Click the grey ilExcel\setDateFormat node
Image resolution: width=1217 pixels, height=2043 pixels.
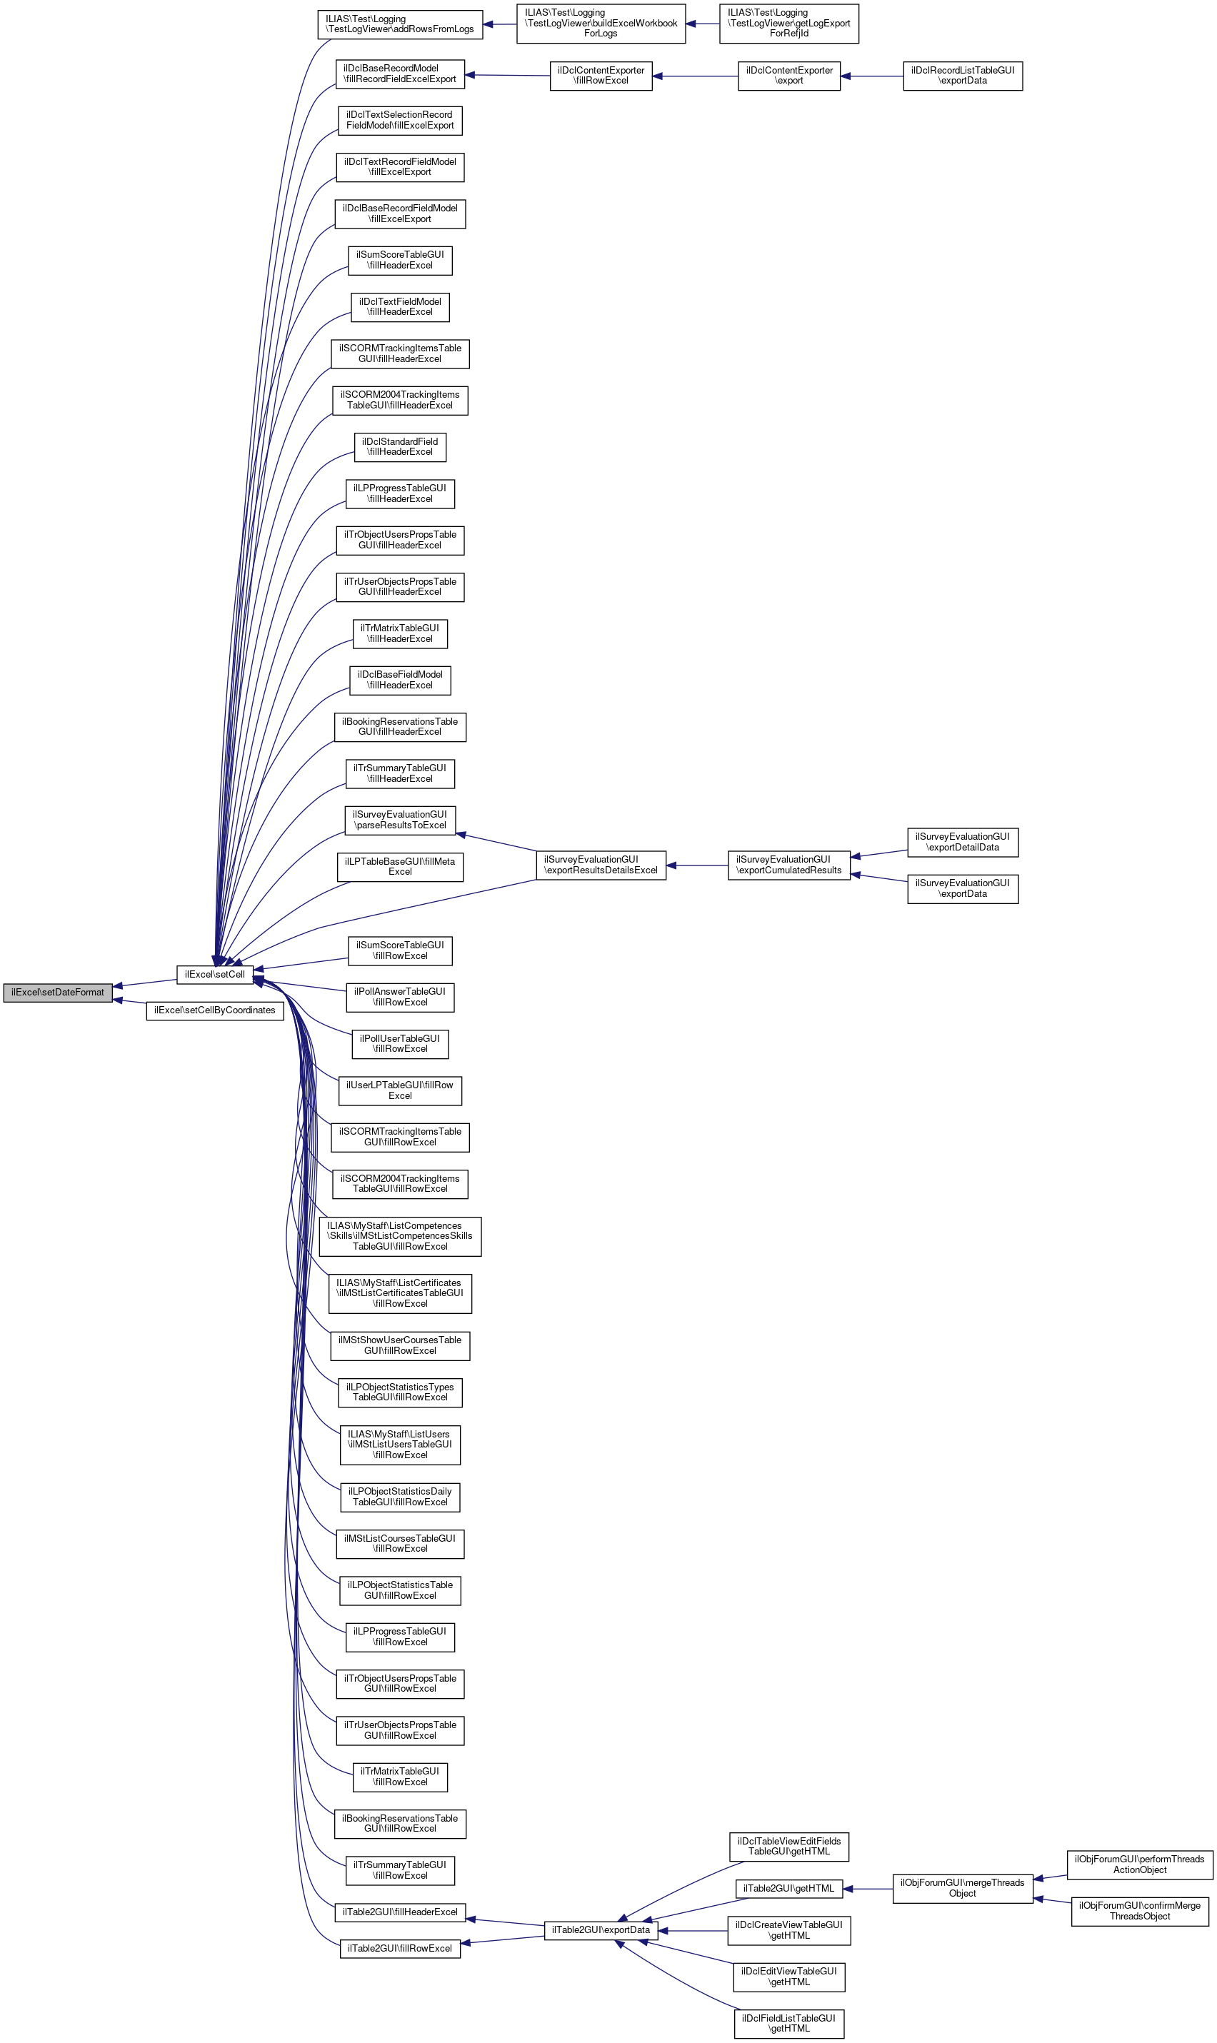coord(57,992)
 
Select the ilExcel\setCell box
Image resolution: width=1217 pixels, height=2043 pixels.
coord(214,974)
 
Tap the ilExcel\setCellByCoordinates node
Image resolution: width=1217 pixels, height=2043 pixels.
coord(215,1010)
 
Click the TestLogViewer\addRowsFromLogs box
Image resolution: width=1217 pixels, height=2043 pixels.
coord(399,24)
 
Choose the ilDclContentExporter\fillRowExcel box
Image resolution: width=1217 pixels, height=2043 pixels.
coord(601,76)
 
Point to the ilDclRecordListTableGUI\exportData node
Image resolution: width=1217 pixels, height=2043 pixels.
coord(962,76)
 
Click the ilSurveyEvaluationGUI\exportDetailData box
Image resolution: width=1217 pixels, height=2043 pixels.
coord(962,842)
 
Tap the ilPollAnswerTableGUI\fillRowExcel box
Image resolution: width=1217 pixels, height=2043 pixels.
coord(400,997)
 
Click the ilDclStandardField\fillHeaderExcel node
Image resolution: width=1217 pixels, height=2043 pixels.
coord(400,447)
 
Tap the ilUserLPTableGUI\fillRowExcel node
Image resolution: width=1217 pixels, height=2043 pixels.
coord(400,1090)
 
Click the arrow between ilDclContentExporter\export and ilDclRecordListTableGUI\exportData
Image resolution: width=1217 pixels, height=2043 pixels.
coord(872,76)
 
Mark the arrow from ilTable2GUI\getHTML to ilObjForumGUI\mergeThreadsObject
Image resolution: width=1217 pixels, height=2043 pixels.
coord(868,1889)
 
